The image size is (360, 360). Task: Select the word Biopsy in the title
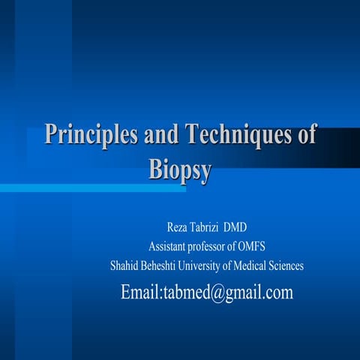tap(180, 169)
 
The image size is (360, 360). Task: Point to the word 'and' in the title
tap(162, 136)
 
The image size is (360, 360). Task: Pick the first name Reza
tap(178, 228)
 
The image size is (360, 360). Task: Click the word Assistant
tap(169, 247)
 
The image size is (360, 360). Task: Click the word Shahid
tap(124, 265)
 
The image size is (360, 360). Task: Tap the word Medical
tap(261, 265)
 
